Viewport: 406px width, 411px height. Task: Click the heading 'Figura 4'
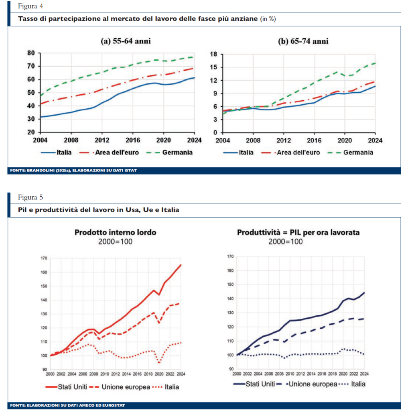click(x=30, y=6)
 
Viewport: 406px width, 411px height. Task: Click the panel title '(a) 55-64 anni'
click(x=126, y=41)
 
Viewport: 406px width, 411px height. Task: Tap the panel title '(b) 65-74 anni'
click(x=303, y=41)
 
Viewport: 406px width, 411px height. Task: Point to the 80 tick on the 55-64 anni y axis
click(x=31, y=53)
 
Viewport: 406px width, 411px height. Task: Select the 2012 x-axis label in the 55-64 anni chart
click(x=102, y=140)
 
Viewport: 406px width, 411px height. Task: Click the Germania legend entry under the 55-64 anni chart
click(x=169, y=152)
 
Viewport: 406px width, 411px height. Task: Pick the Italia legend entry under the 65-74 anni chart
click(x=238, y=152)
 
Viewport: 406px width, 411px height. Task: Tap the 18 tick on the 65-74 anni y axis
click(x=214, y=54)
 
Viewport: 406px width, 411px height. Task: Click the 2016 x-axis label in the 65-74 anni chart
click(x=314, y=140)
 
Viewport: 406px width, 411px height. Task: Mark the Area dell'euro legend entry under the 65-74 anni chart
click(x=290, y=152)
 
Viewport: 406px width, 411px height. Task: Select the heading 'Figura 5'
click(x=30, y=197)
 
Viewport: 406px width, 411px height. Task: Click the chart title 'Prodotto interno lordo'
click(x=115, y=232)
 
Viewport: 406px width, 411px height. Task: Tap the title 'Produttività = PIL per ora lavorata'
click(x=298, y=232)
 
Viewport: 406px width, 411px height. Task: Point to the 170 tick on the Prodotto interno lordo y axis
click(x=44, y=258)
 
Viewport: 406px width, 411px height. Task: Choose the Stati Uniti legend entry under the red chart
click(x=66, y=387)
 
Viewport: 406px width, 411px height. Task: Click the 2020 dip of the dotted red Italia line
click(x=159, y=362)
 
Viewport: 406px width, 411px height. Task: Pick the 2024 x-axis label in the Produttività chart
click(x=364, y=374)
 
